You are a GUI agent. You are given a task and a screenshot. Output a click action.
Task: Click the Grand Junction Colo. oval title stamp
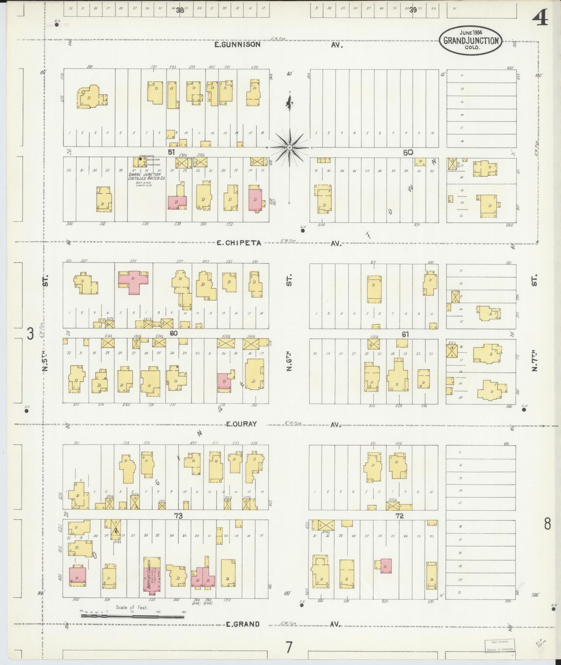pos(471,40)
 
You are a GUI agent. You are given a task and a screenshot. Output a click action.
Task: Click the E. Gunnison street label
pos(237,44)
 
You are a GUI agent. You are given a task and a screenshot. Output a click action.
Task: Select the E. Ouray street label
pos(241,424)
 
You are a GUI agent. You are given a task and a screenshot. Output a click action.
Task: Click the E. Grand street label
pos(242,624)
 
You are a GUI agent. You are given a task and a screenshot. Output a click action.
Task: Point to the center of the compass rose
pos(289,148)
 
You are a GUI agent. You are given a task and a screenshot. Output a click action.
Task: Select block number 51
pos(171,152)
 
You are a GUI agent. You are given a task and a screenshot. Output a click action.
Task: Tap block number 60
pos(174,333)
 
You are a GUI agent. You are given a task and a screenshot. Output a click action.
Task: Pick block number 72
pos(399,516)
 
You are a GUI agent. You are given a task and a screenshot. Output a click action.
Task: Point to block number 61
pos(405,334)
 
